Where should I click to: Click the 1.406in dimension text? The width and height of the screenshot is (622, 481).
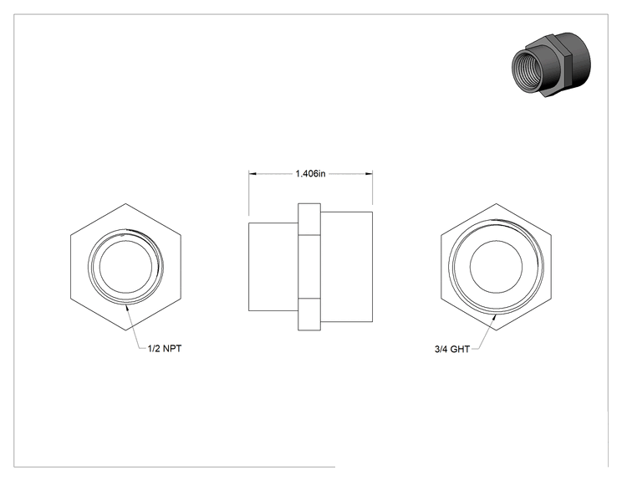tap(310, 174)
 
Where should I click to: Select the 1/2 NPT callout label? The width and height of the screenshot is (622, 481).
tap(165, 349)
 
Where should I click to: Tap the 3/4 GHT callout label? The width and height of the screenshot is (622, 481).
tap(452, 349)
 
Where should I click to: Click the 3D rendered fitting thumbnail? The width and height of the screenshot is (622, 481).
tap(551, 65)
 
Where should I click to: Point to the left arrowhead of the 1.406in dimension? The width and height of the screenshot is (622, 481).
tap(253, 173)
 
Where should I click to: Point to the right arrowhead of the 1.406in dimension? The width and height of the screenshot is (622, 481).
tap(368, 173)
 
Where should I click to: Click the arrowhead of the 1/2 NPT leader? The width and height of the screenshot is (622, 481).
tap(128, 309)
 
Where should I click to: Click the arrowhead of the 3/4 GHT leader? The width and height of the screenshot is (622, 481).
tap(495, 318)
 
